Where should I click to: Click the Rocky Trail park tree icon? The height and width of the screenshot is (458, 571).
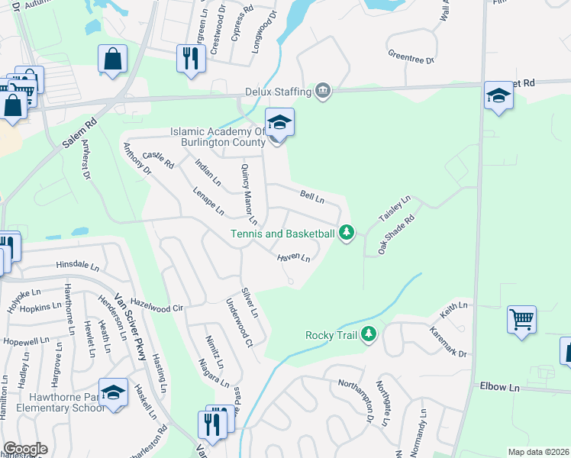(x=369, y=334)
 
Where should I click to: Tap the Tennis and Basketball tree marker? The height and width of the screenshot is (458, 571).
(x=347, y=231)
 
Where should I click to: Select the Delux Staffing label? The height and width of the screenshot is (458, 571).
(x=278, y=92)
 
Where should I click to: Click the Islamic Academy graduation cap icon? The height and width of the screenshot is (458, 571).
(x=279, y=123)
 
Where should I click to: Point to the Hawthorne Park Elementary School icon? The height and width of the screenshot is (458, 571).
(x=114, y=394)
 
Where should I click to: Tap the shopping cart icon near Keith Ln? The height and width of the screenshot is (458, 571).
(x=521, y=320)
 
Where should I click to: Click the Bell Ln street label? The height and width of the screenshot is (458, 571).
(x=312, y=197)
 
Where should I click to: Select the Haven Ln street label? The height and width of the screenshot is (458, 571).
(x=293, y=258)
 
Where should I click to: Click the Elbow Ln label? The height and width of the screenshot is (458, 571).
(x=499, y=387)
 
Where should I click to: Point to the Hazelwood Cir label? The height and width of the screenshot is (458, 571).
(x=158, y=306)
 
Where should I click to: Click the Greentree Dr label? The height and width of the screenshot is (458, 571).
(x=411, y=58)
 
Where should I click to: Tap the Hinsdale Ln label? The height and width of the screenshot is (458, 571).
(x=77, y=266)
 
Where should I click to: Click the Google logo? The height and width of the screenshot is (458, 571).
(x=25, y=449)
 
